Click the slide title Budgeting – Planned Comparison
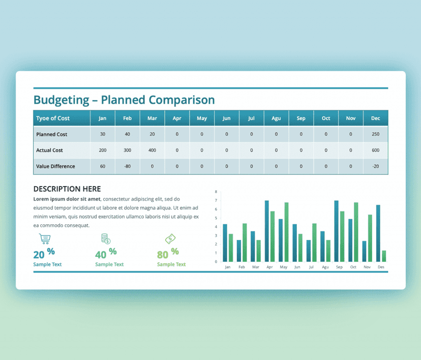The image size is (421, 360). click(x=124, y=100)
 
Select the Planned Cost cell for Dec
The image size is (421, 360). click(x=375, y=134)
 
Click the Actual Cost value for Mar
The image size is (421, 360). click(x=152, y=151)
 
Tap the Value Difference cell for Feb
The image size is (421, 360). click(x=127, y=166)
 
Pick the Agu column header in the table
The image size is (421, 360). click(x=276, y=118)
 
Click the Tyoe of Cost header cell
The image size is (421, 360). click(x=62, y=118)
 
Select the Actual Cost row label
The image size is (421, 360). click(x=50, y=151)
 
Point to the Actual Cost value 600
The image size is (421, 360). click(x=375, y=151)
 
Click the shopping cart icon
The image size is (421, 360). click(x=45, y=238)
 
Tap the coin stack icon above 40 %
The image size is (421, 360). click(x=106, y=238)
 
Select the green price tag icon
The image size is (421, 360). click(x=170, y=238)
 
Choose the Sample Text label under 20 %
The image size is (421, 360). click(x=47, y=264)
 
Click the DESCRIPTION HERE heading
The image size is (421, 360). click(x=67, y=189)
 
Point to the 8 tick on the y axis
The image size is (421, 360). click(x=216, y=192)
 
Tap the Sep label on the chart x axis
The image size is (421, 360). click(x=339, y=267)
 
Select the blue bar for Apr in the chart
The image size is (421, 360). click(x=267, y=231)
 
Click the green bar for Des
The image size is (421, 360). click(x=384, y=256)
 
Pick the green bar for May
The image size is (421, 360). click(x=286, y=232)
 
